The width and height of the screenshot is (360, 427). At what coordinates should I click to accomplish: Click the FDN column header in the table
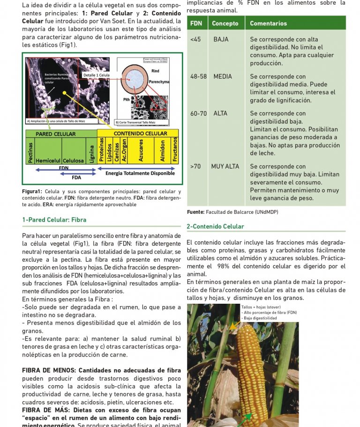click(195, 23)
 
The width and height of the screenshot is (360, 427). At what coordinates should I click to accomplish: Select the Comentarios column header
click(268, 23)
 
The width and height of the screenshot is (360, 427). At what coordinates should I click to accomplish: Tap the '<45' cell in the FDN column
click(195, 39)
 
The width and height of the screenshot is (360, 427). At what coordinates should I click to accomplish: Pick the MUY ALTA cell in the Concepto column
click(225, 166)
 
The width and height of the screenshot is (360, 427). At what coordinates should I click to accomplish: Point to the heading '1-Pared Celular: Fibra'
click(54, 220)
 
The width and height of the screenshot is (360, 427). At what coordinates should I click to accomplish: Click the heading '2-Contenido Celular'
click(215, 226)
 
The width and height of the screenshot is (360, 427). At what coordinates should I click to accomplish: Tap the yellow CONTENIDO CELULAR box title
click(140, 134)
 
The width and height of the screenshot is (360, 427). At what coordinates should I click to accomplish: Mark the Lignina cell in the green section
click(92, 152)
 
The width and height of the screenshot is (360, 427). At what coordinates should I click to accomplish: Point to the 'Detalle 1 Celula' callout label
click(96, 75)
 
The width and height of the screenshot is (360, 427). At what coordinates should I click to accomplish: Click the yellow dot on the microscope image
click(64, 93)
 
